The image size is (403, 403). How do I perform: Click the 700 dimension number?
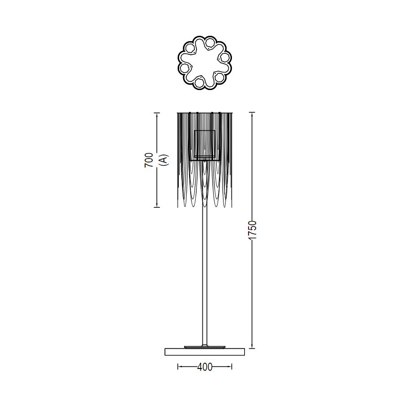coord(149,160)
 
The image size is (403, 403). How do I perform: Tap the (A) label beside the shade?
coord(163,160)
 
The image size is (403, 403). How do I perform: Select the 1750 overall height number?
coord(253,230)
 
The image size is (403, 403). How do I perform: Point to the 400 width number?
coord(205,367)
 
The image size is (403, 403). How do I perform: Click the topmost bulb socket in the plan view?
coord(210,43)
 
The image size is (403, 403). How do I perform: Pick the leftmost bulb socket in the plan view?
coord(184,68)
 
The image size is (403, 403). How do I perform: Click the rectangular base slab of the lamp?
coord(205,352)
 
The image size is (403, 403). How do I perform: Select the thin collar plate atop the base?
coord(205,347)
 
